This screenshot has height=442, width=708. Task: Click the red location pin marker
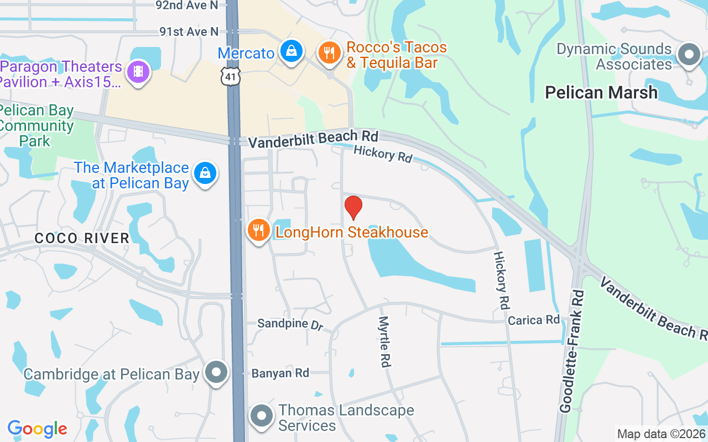pos(353,207)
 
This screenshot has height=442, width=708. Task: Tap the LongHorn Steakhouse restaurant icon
pos(258,230)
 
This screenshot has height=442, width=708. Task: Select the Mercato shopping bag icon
pos(290,51)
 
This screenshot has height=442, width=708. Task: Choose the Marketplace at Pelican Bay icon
pos(205,173)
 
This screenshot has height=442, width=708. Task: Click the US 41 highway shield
pos(230,76)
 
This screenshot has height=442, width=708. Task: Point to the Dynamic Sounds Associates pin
pos(689,55)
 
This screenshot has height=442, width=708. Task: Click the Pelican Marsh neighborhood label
pos(601,92)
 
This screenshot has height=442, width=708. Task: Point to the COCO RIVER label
pos(82,238)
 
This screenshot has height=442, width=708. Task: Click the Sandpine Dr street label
pos(290,324)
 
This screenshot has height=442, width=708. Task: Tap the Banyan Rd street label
pos(280,373)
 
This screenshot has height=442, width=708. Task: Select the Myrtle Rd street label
pos(384,341)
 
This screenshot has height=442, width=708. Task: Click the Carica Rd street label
pos(534,320)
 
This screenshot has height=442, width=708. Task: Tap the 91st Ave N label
pos(189,32)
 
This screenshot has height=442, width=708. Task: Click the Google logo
pos(37,429)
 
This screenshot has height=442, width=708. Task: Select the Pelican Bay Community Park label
pos(37,126)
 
